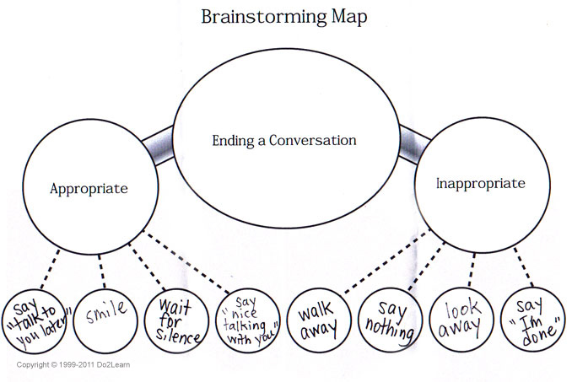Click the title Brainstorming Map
286,18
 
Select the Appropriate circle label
89,188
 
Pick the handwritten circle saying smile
105,319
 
